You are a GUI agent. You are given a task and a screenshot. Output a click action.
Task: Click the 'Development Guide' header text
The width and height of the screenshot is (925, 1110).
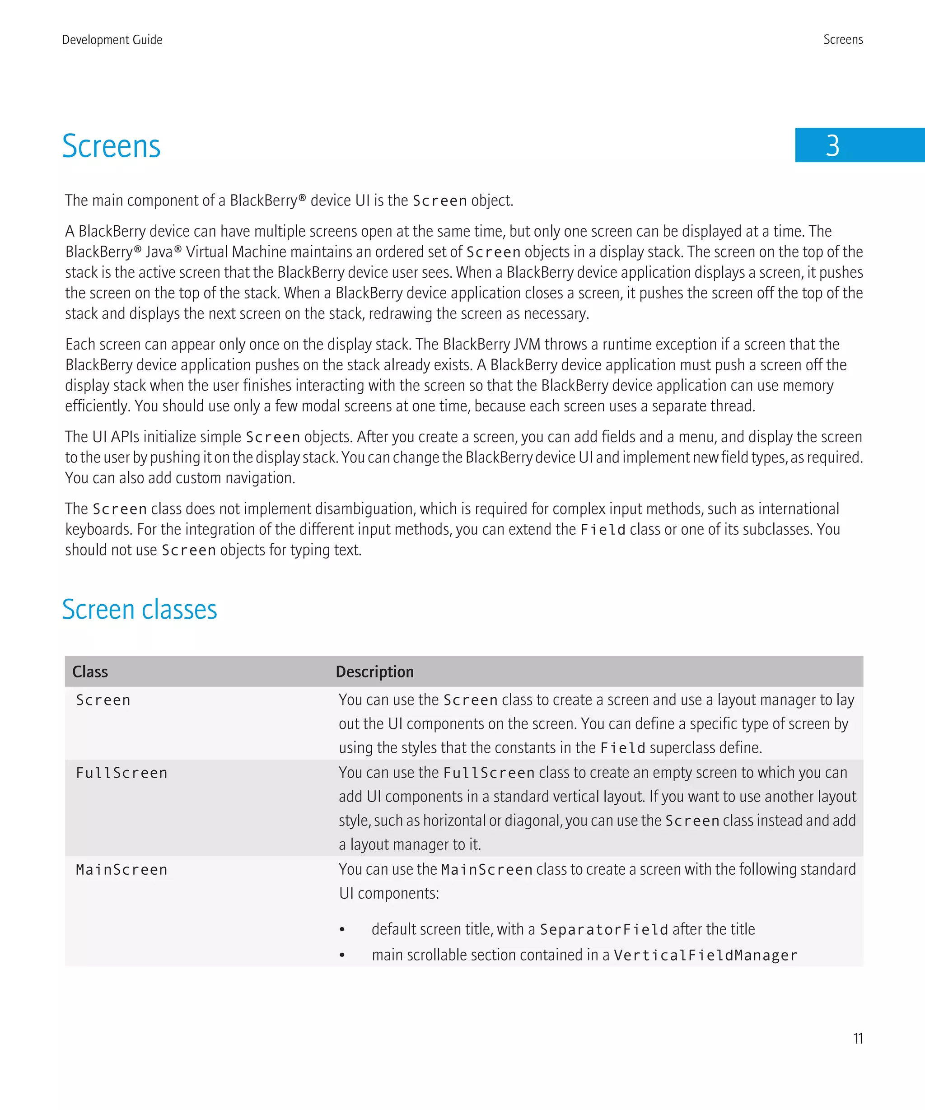coord(112,40)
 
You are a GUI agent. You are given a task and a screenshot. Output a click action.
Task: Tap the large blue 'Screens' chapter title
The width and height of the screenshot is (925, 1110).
coord(111,146)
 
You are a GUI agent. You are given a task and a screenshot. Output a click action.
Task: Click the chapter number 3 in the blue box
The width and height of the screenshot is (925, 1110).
coord(832,146)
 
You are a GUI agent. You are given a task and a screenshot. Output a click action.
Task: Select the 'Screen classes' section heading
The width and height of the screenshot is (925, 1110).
coord(140,610)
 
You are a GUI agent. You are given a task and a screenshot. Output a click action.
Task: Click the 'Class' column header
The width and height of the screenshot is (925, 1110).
coord(90,672)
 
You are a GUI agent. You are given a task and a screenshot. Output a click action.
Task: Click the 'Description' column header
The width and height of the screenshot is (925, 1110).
coord(374,672)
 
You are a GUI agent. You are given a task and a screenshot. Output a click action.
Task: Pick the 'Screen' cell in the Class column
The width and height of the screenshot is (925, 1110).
coord(103,700)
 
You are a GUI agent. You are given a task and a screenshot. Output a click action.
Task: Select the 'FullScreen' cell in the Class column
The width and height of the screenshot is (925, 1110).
coord(121,773)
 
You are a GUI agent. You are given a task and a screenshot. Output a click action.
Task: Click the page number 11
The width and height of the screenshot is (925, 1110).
coord(858,1039)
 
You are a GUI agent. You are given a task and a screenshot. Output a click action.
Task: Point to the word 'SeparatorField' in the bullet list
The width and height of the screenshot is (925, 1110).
coord(603,930)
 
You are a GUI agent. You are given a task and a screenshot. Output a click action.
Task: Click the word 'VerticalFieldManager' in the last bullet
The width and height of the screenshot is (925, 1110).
coord(705,956)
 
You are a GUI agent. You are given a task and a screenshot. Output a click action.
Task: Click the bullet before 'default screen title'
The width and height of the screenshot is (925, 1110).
coord(342,930)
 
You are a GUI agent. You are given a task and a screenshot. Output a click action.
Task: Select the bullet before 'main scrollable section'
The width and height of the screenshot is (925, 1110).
coord(342,956)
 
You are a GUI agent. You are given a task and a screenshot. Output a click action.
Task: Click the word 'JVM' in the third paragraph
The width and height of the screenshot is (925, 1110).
coord(527,345)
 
